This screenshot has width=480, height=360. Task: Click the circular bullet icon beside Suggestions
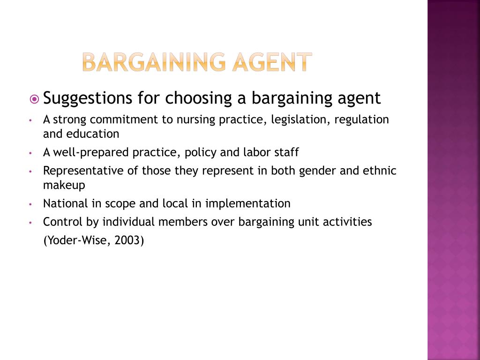tap(34, 99)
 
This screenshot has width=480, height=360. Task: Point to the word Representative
tap(84, 171)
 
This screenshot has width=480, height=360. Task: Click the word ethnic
tap(380, 171)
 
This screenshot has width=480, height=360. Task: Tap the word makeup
tap(64, 185)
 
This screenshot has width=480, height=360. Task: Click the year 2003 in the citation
tap(127, 240)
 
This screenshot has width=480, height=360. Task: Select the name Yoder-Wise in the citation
tap(77, 240)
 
